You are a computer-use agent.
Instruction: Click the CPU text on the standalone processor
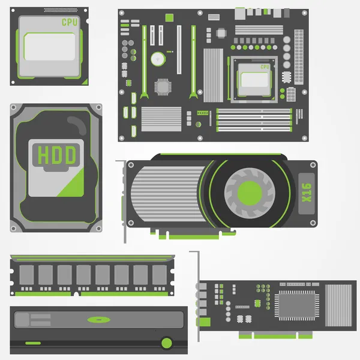(69, 22)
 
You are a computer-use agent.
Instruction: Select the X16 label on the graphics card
(305, 193)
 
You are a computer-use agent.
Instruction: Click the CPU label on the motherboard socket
(265, 67)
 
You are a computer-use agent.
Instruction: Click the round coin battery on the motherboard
(158, 58)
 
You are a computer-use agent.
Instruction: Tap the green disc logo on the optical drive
(98, 319)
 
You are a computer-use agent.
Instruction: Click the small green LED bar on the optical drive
(33, 343)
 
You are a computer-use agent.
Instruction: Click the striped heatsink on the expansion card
(339, 305)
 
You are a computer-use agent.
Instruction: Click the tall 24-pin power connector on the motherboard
(299, 49)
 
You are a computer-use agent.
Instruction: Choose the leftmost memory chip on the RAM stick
(26, 275)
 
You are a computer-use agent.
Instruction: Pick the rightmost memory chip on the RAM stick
(159, 275)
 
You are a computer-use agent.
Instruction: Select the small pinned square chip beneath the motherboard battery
(162, 86)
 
